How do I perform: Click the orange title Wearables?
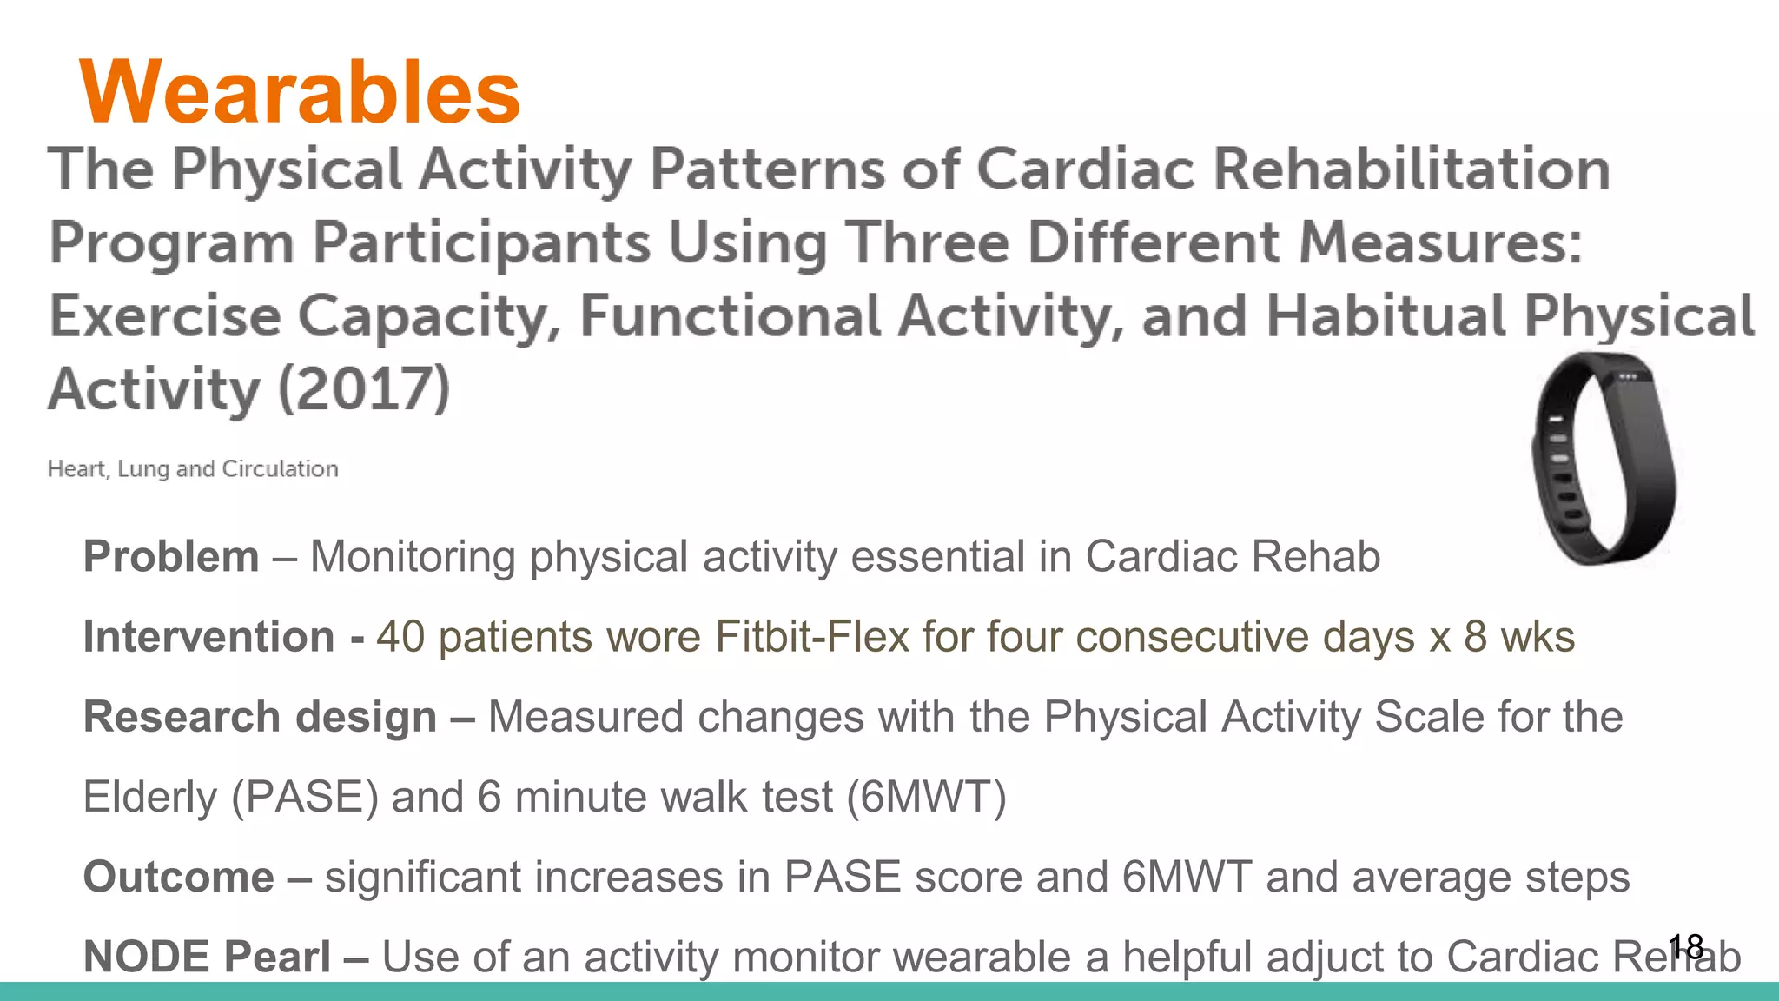tap(300, 92)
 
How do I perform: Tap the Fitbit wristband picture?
tap(1604, 459)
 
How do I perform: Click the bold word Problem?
tap(171, 556)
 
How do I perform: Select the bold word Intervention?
tap(208, 636)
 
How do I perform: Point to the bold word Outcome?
tap(178, 876)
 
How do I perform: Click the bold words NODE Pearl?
tap(207, 956)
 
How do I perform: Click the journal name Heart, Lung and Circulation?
tap(193, 469)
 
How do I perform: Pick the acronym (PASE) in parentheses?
tap(305, 797)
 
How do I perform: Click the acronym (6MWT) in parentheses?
tap(926, 797)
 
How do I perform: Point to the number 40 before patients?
tap(400, 636)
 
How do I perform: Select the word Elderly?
tap(149, 797)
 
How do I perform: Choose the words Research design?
tap(260, 717)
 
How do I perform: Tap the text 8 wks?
tap(1519, 636)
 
